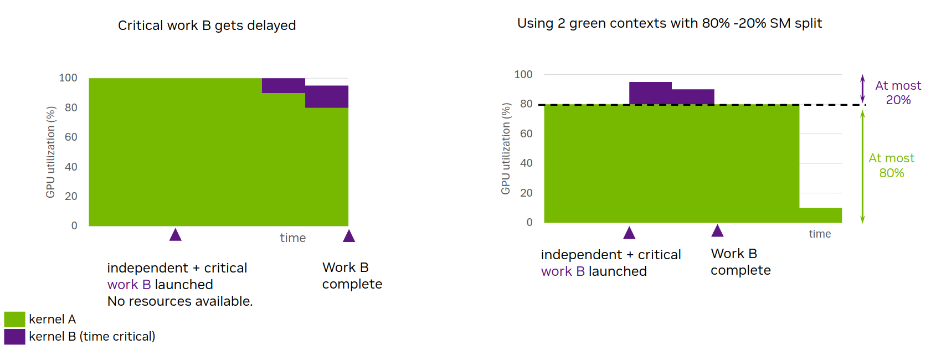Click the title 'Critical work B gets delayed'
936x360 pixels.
207,25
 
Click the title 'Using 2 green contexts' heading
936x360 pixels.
669,23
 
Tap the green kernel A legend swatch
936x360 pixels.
14,319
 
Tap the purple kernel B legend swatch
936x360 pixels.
14,337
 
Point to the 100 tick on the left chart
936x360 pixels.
68,78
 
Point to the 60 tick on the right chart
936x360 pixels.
526,133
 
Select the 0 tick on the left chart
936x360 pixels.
74,225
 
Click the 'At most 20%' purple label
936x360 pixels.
898,92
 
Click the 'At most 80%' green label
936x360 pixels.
891,166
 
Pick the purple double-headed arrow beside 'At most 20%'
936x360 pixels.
862,89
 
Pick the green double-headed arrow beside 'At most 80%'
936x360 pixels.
862,166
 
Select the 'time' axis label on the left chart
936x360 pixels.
292,238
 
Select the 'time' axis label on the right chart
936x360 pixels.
820,234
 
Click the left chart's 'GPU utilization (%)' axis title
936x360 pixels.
50,152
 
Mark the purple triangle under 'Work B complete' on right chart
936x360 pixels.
718,231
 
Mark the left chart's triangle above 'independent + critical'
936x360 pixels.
176,235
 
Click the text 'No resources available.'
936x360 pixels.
179,301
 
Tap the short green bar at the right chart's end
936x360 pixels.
820,215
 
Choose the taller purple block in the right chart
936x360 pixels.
650,93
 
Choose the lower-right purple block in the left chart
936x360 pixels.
327,97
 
